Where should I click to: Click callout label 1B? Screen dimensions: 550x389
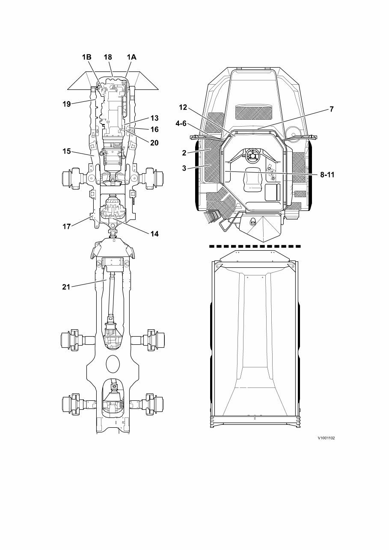(x=87, y=57)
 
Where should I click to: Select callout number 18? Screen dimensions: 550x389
(x=108, y=57)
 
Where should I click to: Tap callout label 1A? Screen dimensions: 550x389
(x=131, y=57)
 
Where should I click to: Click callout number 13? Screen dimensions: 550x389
(x=154, y=118)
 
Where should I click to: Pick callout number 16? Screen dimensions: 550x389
(x=154, y=129)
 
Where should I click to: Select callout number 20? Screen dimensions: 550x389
(x=154, y=143)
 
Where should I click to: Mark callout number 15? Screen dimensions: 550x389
(x=66, y=151)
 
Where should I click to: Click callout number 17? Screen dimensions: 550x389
(x=66, y=227)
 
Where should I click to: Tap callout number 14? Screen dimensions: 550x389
(x=154, y=234)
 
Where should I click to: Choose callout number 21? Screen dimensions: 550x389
(x=66, y=287)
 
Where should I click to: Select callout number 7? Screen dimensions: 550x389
(x=331, y=109)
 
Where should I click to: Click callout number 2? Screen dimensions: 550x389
(x=184, y=152)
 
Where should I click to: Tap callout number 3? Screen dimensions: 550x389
(x=184, y=168)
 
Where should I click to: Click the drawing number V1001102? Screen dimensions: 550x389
(x=326, y=438)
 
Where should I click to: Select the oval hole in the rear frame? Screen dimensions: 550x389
(x=113, y=364)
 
